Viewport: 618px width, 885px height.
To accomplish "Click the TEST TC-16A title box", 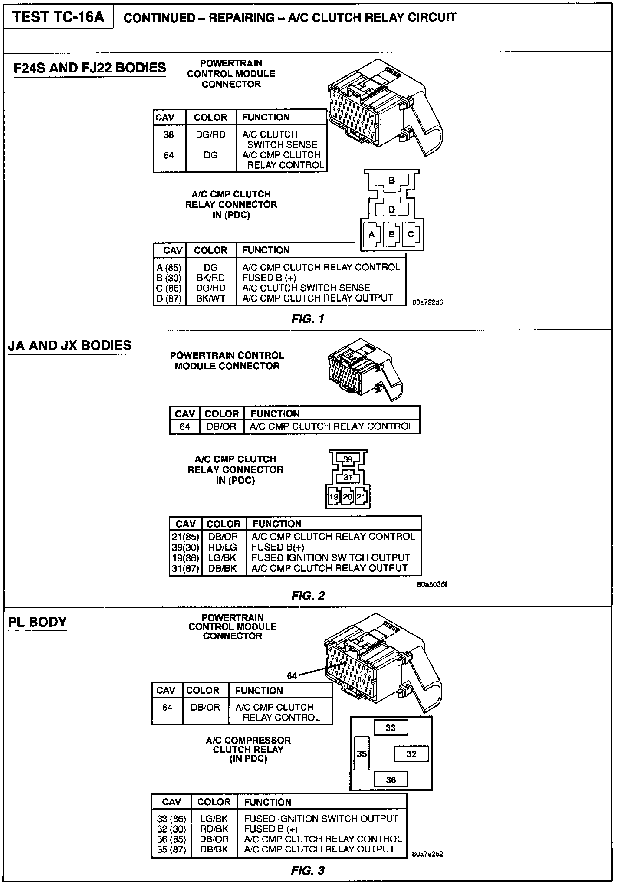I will pos(58,17).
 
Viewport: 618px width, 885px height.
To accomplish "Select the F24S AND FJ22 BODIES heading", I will pos(90,68).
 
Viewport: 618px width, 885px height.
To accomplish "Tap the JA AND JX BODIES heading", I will pos(69,345).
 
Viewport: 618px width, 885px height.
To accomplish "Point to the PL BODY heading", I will pos(37,622).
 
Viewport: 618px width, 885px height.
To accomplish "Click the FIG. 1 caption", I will pos(308,319).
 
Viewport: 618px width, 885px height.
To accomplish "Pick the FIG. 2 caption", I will pos(308,596).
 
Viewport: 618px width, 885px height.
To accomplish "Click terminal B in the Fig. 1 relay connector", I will pos(391,180).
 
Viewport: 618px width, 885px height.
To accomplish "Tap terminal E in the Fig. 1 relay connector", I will pos(391,234).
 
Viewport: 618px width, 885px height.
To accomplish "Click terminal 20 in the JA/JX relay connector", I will pos(347,497).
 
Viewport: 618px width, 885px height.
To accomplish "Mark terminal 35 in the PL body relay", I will pos(362,754).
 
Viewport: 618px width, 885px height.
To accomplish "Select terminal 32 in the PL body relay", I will pos(411,754).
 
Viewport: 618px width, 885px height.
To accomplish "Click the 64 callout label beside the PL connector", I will pos(292,676).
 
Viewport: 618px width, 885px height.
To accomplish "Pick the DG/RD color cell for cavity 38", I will pos(210,134).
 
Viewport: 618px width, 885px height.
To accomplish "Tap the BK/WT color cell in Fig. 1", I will pos(210,298).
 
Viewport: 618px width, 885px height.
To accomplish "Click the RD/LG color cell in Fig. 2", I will pos(222,547).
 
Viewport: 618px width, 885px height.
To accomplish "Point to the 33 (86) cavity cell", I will pos(171,819).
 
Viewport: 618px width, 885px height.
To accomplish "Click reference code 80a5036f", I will pos(431,584).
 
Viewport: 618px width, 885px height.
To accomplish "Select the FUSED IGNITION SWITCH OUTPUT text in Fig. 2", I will pos(330,557).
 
